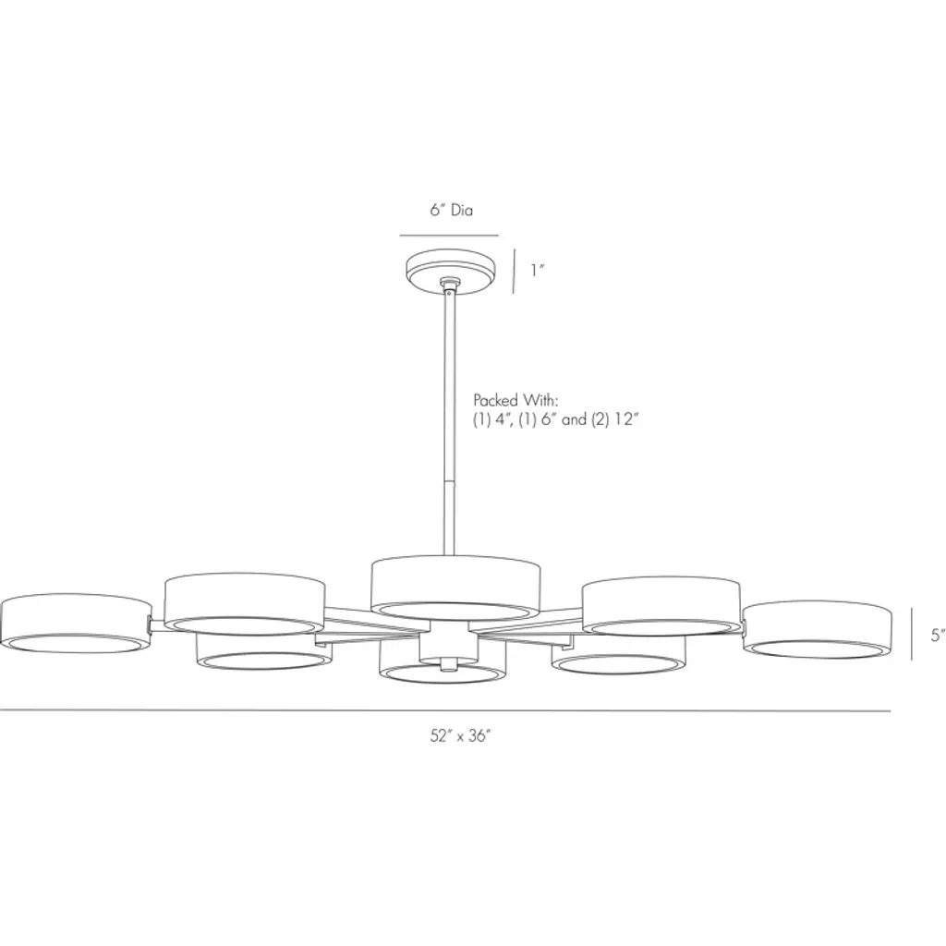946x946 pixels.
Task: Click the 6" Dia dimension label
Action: (x=451, y=210)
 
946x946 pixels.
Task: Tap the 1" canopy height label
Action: (x=537, y=271)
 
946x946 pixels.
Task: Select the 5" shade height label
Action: (x=938, y=635)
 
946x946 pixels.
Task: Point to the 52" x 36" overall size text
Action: (x=461, y=735)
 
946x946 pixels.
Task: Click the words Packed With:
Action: (x=515, y=400)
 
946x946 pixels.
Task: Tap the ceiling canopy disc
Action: (x=450, y=273)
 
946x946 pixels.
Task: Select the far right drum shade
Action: (x=818, y=629)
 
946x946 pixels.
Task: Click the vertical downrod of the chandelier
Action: (x=450, y=422)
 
